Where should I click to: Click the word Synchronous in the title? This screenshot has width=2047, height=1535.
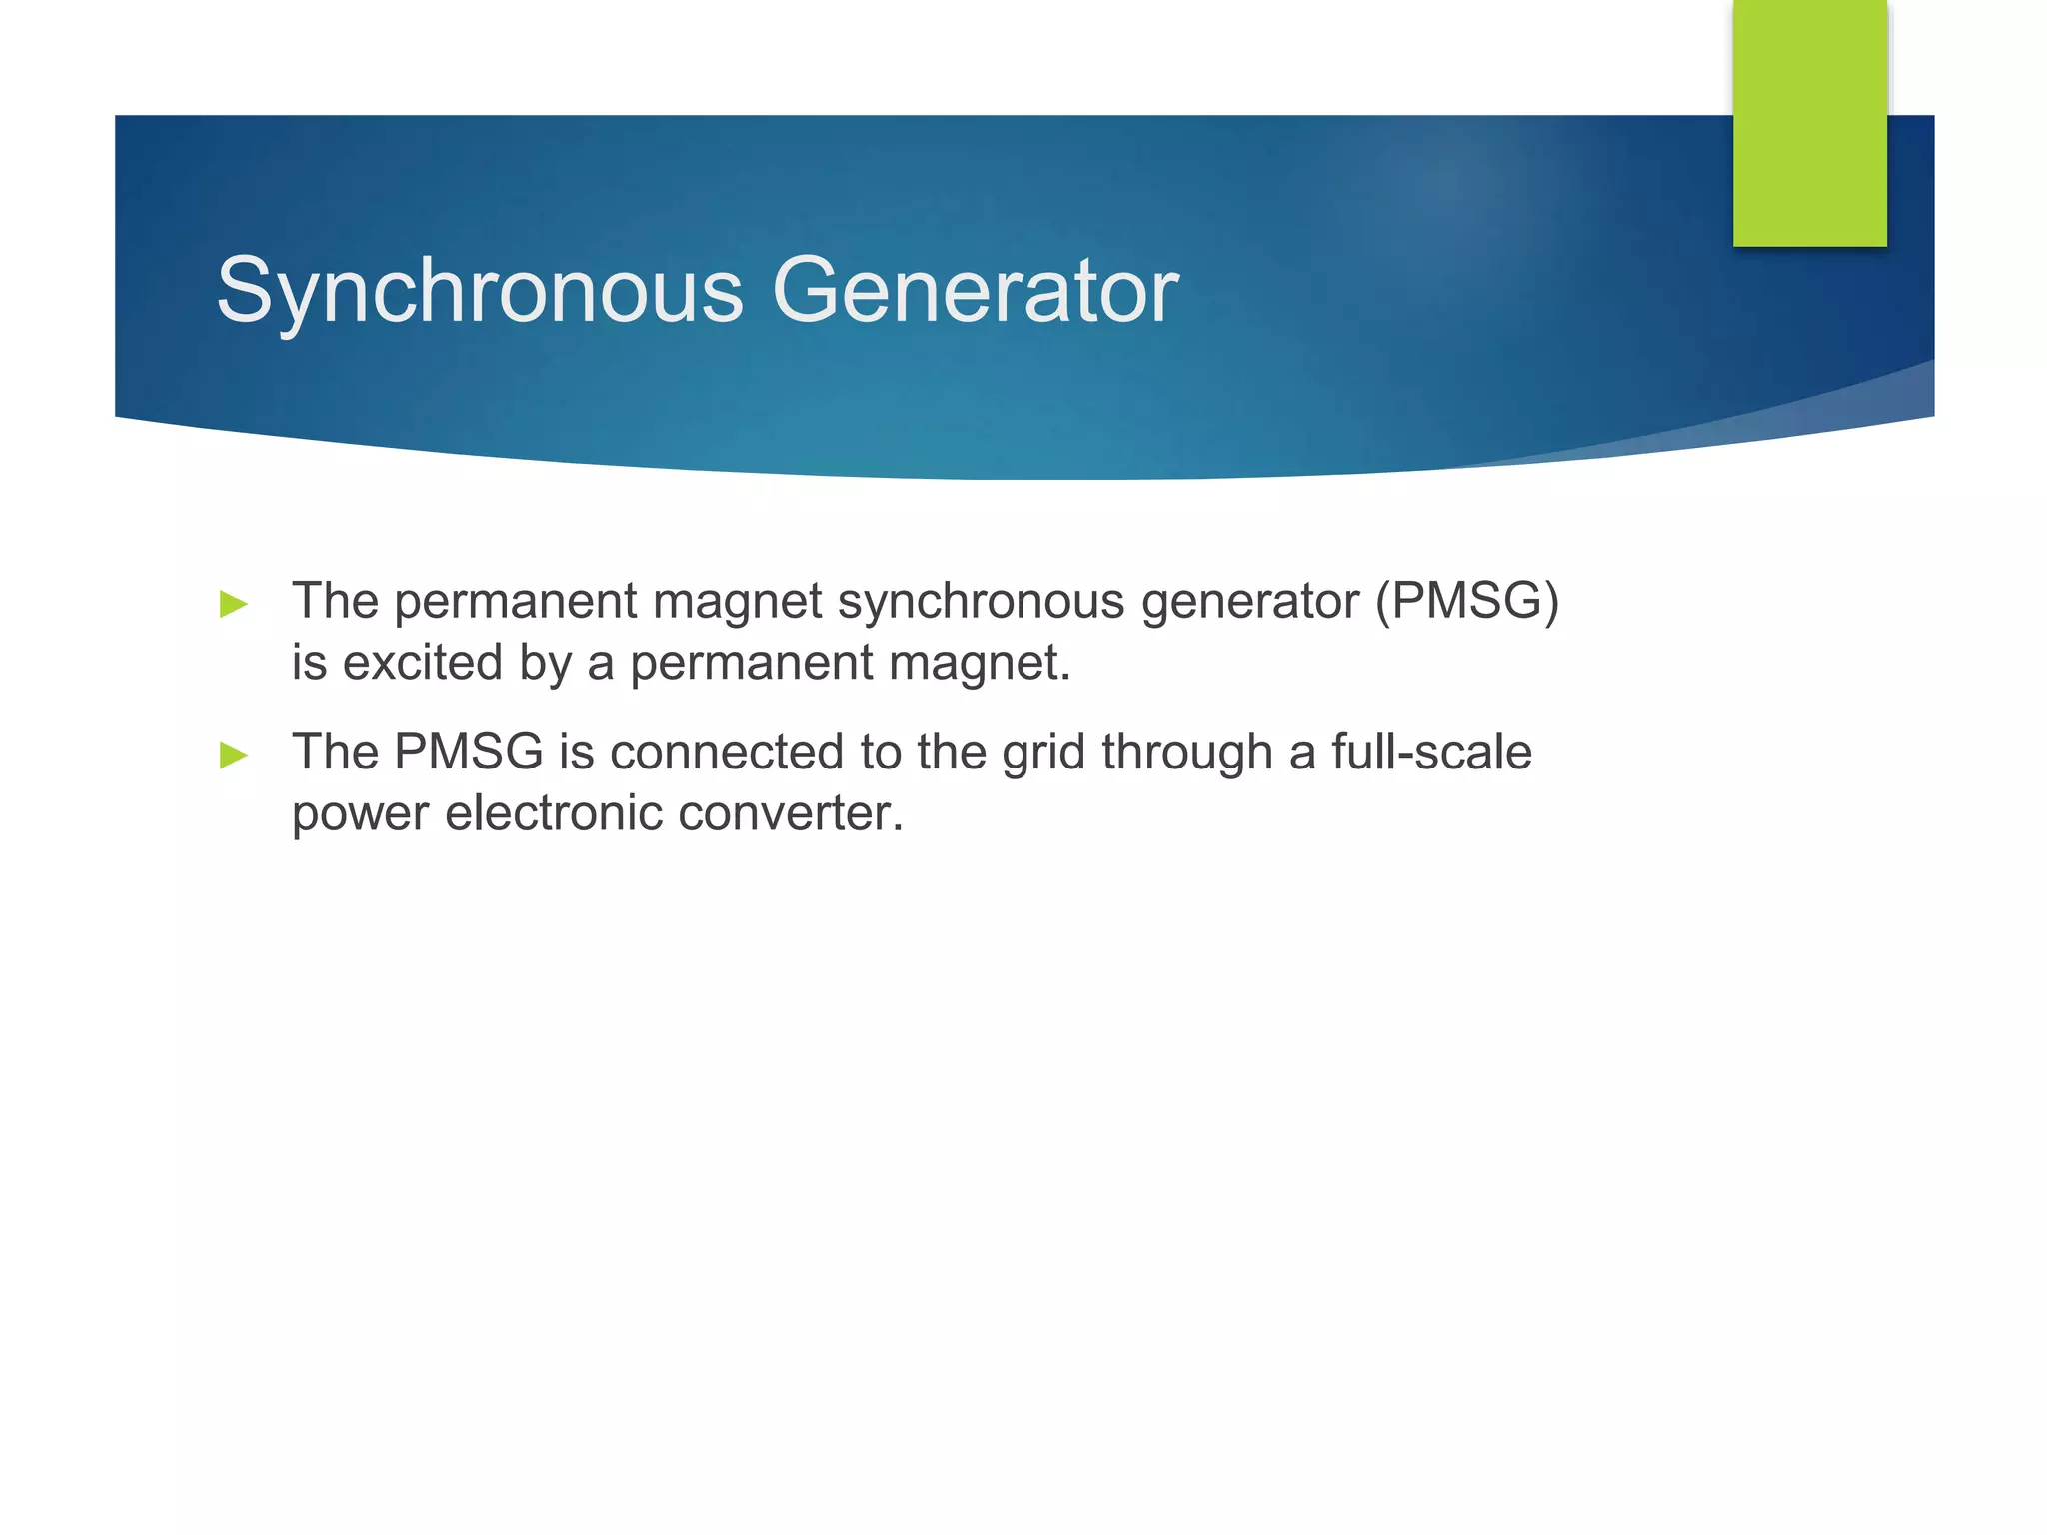tap(480, 292)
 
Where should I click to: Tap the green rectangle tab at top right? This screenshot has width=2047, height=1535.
tap(1809, 122)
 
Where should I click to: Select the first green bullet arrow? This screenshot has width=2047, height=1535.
tap(234, 604)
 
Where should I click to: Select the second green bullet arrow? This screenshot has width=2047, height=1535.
tap(234, 755)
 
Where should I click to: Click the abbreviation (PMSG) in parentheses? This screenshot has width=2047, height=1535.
tap(1466, 602)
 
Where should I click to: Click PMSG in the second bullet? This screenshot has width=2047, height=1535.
tap(469, 752)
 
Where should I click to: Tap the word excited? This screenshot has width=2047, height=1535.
tap(423, 663)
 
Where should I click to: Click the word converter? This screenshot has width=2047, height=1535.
tap(791, 813)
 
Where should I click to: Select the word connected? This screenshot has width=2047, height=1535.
tap(727, 752)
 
